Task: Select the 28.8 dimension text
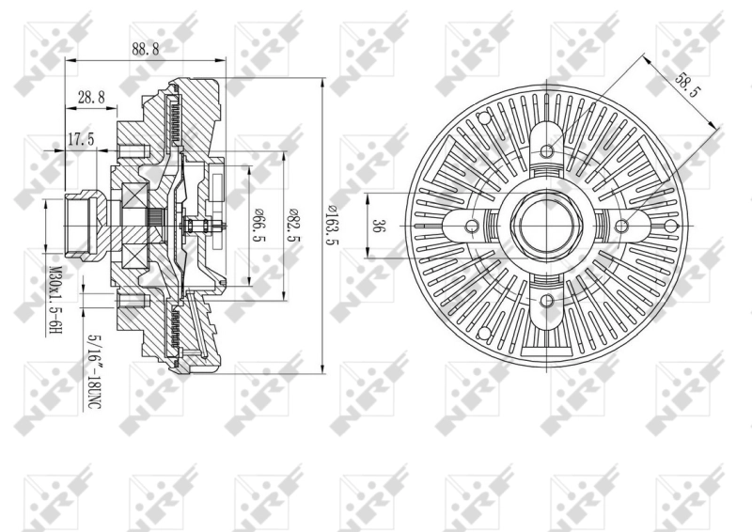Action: [90, 97]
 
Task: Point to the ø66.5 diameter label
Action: [256, 226]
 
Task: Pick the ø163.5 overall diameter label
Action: [332, 226]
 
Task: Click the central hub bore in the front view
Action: [547, 226]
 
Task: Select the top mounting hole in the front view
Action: [547, 150]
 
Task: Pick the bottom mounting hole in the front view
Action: [547, 300]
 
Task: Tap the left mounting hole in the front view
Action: [473, 226]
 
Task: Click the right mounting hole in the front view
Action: [621, 226]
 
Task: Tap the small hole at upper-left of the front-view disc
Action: [485, 117]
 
